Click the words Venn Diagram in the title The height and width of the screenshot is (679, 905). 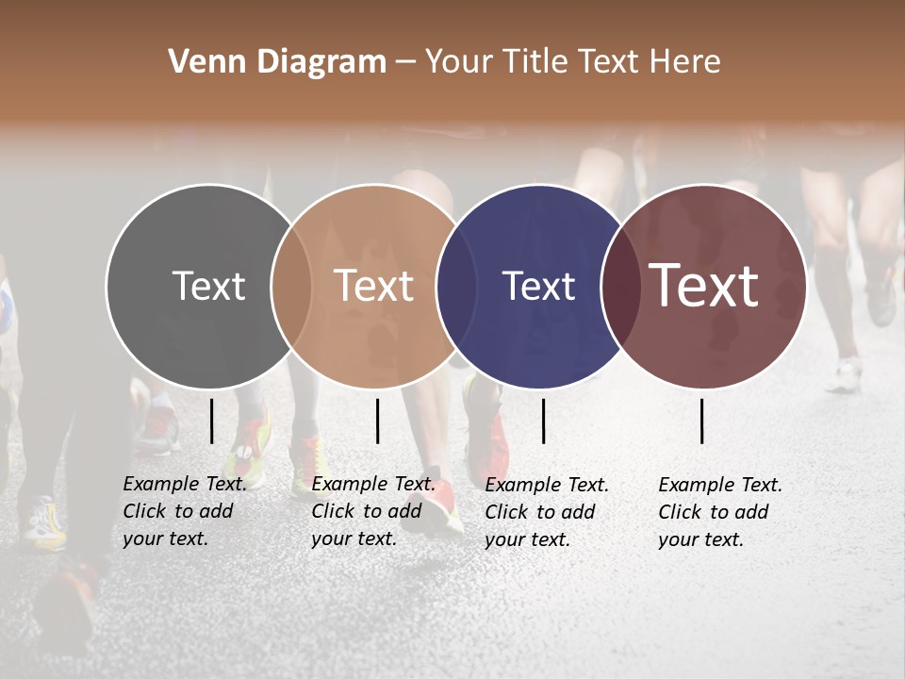pyautogui.click(x=277, y=62)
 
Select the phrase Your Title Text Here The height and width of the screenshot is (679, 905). pyautogui.click(x=572, y=62)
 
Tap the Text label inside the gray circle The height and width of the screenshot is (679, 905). pyautogui.click(x=208, y=286)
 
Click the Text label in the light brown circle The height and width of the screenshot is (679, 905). pyautogui.click(x=373, y=286)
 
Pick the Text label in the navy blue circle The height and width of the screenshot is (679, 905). pyautogui.click(x=538, y=286)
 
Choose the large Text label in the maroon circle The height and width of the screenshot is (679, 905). pyautogui.click(x=704, y=285)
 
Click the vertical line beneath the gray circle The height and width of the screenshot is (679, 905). pyautogui.click(x=212, y=421)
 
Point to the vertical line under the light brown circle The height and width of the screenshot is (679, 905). pyautogui.click(x=377, y=421)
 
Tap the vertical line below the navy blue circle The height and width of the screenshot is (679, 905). pyautogui.click(x=543, y=421)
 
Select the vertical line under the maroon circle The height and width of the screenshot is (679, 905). pyautogui.click(x=702, y=421)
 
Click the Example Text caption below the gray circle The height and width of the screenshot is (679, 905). pyautogui.click(x=184, y=511)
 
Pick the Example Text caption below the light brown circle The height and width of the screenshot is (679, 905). pyautogui.click(x=372, y=511)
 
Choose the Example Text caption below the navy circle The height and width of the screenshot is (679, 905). pyautogui.click(x=547, y=512)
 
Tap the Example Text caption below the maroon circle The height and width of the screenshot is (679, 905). pyautogui.click(x=720, y=512)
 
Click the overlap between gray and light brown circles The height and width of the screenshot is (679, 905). pyautogui.click(x=291, y=286)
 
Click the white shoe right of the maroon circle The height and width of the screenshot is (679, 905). pyautogui.click(x=844, y=376)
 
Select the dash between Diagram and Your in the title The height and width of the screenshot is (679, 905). pyautogui.click(x=404, y=62)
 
